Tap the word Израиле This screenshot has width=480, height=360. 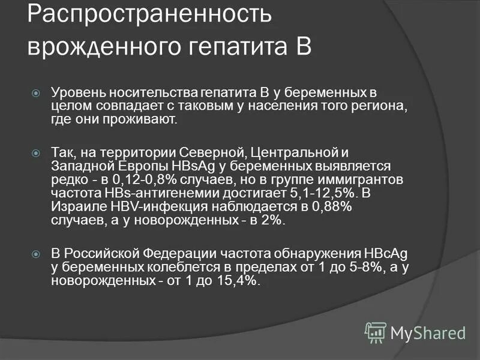[x=75, y=206]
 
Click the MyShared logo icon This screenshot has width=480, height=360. [x=376, y=332]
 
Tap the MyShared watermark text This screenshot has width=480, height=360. [x=428, y=332]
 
